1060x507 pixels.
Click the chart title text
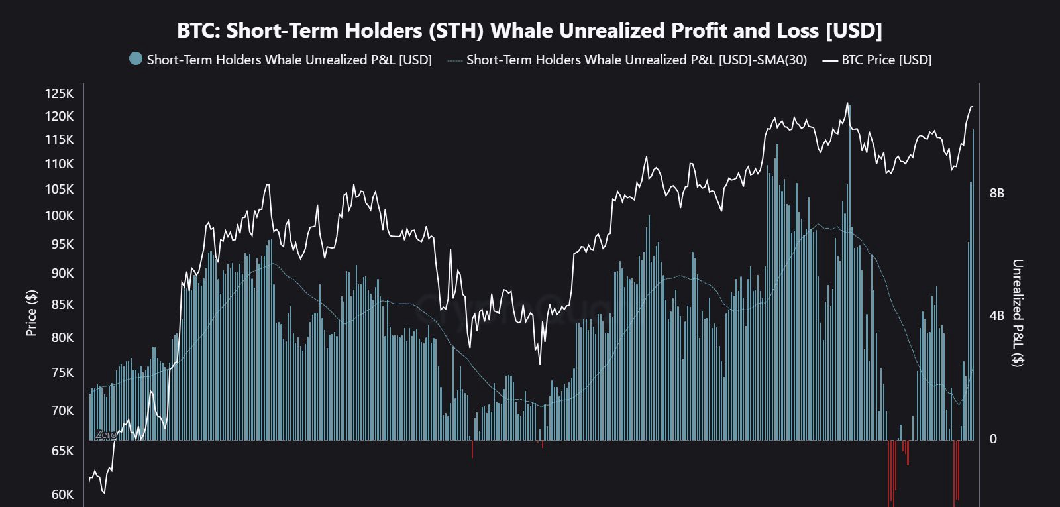click(x=529, y=30)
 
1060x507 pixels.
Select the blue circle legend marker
click(x=136, y=59)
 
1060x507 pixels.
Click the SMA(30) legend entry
click(x=636, y=60)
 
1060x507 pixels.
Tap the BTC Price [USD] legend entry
click(x=886, y=60)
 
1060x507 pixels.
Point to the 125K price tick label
click(x=59, y=93)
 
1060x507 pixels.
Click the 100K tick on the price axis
click(x=59, y=215)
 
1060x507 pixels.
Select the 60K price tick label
click(x=62, y=494)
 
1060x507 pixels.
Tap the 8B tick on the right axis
click(x=996, y=193)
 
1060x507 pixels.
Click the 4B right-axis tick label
click(x=996, y=315)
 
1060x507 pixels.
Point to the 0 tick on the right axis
click(x=992, y=439)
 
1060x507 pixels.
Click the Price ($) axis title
click(x=31, y=313)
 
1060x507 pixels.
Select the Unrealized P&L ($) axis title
click(x=1017, y=313)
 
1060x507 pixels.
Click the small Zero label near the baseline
click(x=105, y=435)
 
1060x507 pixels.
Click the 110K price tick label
click(x=59, y=164)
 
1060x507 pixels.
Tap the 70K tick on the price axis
click(x=62, y=410)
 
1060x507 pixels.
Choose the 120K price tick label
click(x=59, y=116)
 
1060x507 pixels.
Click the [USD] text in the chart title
click(x=854, y=30)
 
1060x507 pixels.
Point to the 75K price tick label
click(x=62, y=372)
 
